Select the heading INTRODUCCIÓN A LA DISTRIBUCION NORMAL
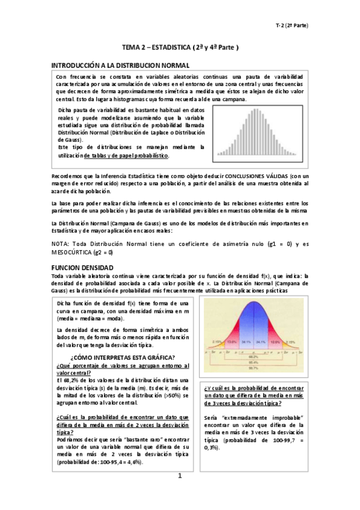pyautogui.click(x=120, y=64)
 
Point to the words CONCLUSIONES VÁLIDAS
pyautogui.click(x=250, y=176)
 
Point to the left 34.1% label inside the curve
pyautogui.click(x=246, y=341)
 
